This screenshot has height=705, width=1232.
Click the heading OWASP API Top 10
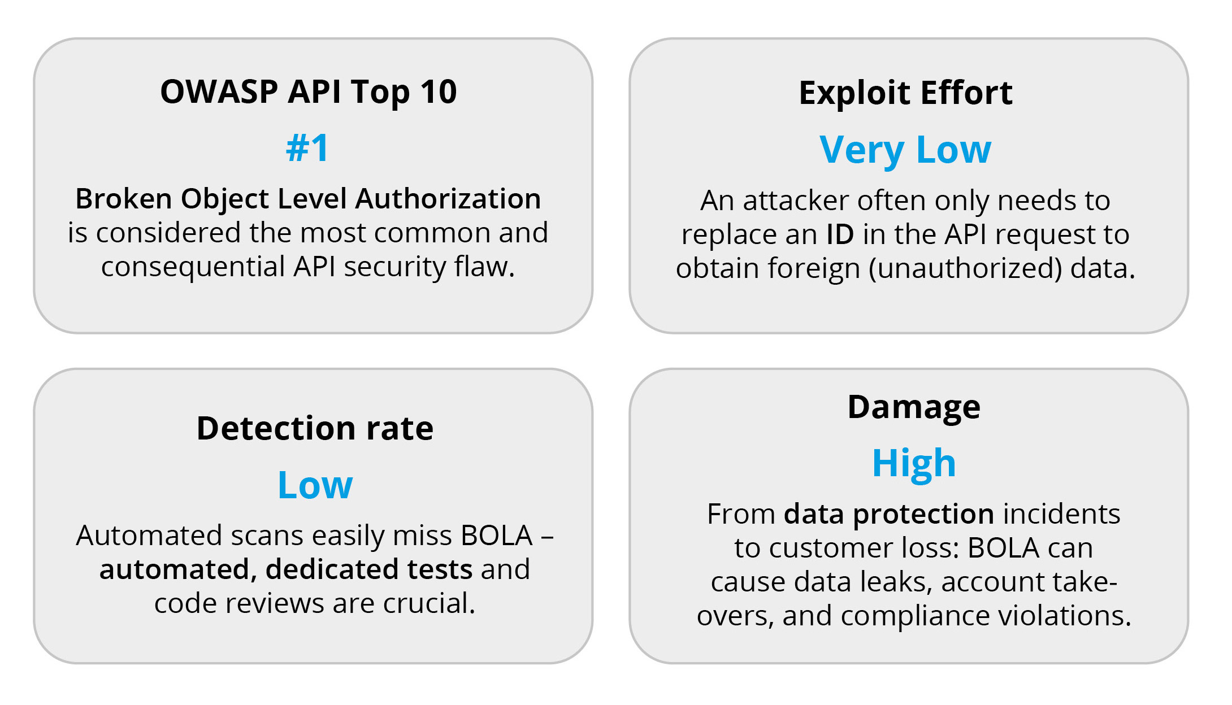[x=308, y=92]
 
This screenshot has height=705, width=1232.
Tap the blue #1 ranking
[x=307, y=149]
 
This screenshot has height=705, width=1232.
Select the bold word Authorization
[x=448, y=199]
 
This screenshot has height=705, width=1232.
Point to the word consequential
[x=193, y=267]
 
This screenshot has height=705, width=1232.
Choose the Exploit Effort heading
[x=905, y=93]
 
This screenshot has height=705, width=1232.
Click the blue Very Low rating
[x=905, y=150]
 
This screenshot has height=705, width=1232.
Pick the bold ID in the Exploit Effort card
[x=840, y=234]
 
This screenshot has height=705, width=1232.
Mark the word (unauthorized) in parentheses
[x=966, y=268]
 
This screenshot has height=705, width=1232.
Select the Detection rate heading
[x=315, y=428]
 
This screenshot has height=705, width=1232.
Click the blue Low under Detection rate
[x=315, y=485]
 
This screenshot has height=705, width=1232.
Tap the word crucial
[x=429, y=603]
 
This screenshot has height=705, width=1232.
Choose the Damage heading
[x=914, y=407]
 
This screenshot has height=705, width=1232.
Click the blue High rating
[x=914, y=463]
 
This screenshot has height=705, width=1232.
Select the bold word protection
[x=923, y=514]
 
